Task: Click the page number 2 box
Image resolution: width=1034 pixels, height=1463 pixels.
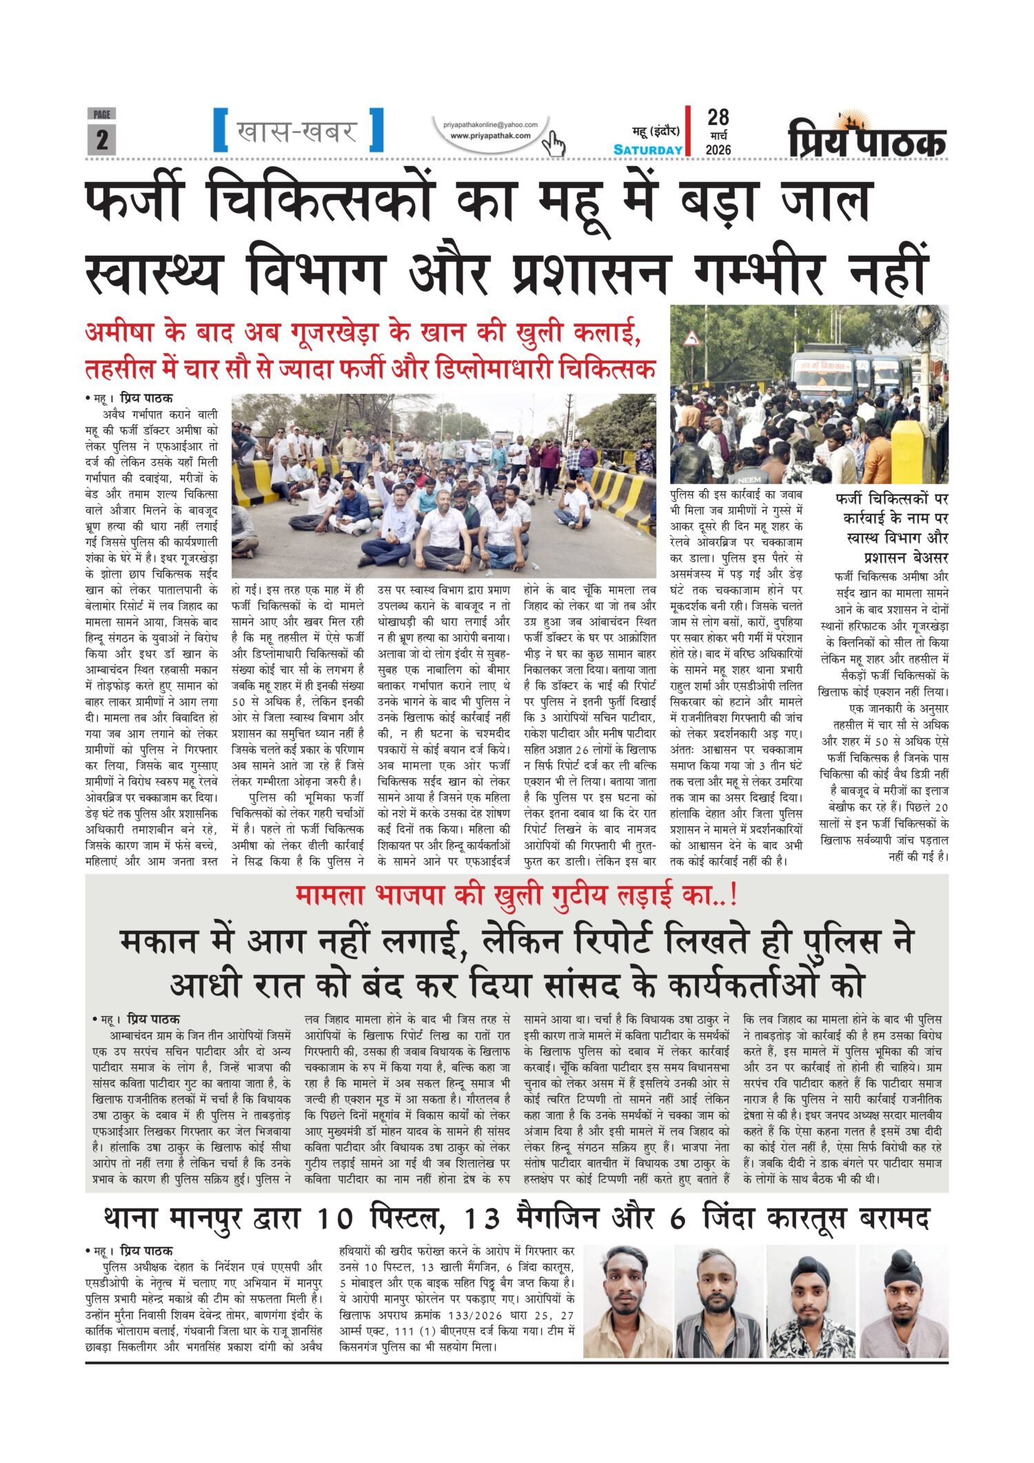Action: [x=101, y=139]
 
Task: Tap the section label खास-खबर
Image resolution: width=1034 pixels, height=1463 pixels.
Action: [x=297, y=130]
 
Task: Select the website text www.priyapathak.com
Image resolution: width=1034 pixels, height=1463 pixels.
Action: [x=490, y=136]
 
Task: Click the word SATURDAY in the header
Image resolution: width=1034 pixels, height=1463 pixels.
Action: [x=648, y=150]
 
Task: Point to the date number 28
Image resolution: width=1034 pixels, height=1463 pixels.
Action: [x=718, y=117]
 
